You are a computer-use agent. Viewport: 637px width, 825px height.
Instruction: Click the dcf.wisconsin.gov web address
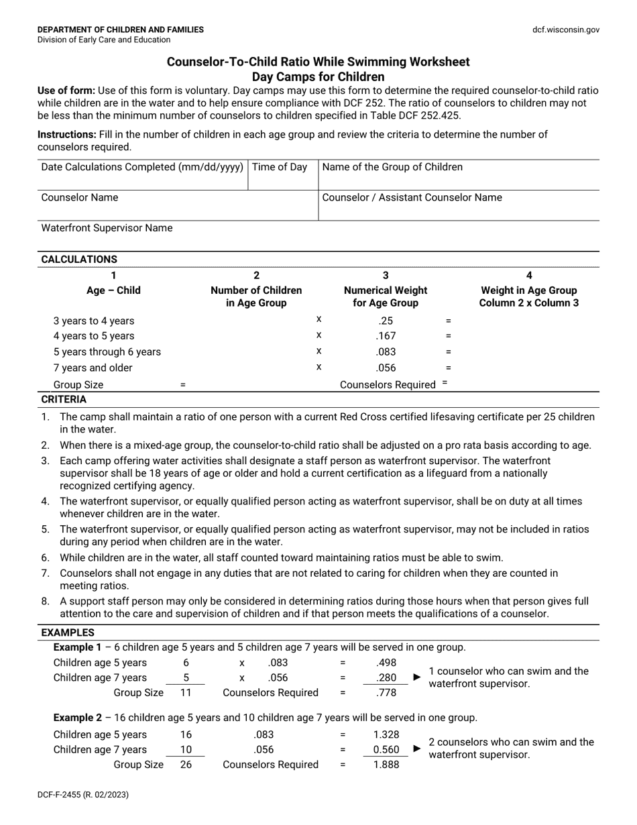pos(566,30)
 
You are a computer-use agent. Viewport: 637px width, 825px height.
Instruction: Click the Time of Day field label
pos(280,167)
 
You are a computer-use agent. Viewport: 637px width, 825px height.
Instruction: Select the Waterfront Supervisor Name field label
pos(107,228)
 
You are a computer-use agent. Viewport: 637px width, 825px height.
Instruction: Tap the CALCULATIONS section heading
pos(79,259)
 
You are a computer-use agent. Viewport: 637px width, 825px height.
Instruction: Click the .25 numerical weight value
pos(386,321)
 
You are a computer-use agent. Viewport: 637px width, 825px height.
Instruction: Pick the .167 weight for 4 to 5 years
pos(386,336)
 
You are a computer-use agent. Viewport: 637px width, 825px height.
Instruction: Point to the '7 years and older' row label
pos(93,368)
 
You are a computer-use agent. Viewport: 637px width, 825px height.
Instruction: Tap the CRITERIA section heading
pos(64,399)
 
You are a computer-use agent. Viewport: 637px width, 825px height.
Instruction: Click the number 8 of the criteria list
pos(46,602)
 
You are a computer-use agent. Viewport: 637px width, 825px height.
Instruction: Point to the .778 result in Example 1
pos(386,693)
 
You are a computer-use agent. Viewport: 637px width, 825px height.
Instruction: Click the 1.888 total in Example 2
pos(386,765)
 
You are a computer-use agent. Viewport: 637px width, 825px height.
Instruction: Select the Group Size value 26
pos(186,765)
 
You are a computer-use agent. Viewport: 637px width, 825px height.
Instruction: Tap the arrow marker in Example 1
pos(417,677)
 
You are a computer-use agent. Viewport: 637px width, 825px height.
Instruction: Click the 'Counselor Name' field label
pos(80,197)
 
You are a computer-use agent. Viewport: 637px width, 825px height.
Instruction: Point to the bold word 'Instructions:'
pos(66,134)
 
